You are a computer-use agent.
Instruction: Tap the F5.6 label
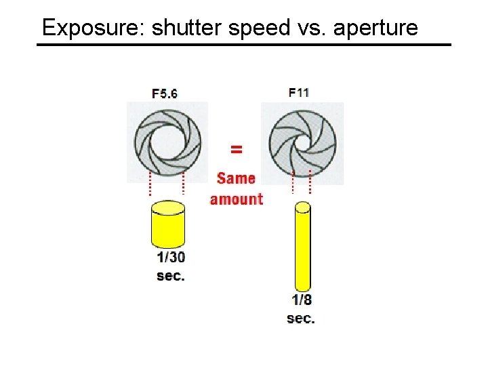(x=165, y=94)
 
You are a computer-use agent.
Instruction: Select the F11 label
(x=299, y=92)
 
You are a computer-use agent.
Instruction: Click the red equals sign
(x=237, y=148)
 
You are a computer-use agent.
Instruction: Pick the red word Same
(x=236, y=178)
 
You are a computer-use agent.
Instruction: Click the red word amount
(x=236, y=199)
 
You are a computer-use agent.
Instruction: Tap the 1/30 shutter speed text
(x=171, y=258)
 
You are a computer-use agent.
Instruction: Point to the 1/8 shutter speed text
(x=302, y=300)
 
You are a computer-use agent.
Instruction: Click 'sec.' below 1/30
(x=171, y=276)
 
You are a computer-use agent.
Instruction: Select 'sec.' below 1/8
(x=301, y=319)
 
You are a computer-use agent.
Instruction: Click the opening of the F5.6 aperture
(x=166, y=144)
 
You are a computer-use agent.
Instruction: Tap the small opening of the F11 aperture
(x=300, y=144)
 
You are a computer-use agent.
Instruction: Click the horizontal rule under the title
(x=244, y=45)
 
